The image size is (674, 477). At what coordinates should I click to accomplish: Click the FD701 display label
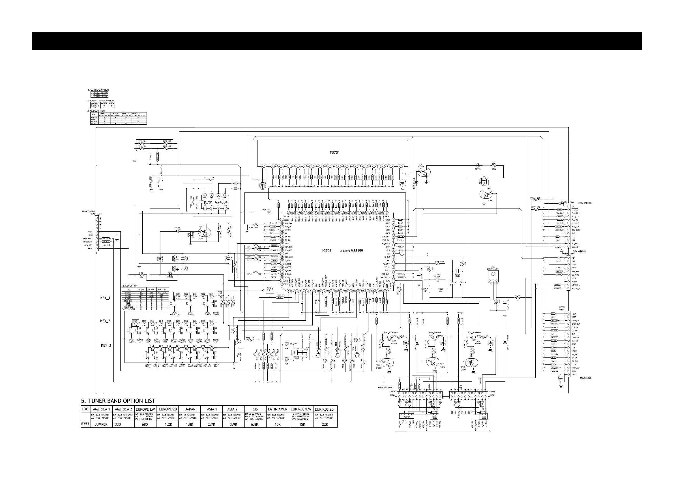point(334,153)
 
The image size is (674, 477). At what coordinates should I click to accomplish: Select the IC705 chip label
point(327,251)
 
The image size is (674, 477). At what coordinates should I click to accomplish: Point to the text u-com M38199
point(351,251)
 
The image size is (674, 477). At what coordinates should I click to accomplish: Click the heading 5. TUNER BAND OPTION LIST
point(118,401)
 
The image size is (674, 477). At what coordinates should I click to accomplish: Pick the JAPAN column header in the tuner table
point(190,409)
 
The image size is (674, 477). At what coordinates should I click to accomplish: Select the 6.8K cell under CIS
point(255,424)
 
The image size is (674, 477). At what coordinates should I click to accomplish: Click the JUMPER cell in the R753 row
point(101,424)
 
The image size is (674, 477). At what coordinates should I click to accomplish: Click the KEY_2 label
point(105,321)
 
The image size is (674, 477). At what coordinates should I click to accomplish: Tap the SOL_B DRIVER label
point(391,333)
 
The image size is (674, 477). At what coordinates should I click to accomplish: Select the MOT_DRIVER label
point(435,333)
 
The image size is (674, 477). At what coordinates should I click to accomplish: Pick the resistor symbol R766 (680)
point(494,165)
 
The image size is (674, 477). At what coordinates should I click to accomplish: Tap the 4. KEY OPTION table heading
point(130,286)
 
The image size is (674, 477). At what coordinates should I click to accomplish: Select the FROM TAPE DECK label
point(385,388)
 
